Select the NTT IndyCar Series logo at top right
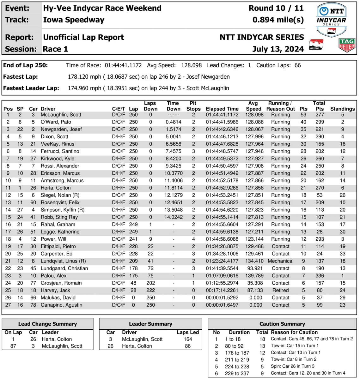pyautogui.click(x=331, y=20)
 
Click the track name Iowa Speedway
pyautogui.click(x=74, y=20)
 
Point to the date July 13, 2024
pyautogui.click(x=278, y=49)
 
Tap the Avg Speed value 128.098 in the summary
pyautogui.click(x=191, y=65)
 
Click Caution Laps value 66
pyautogui.click(x=297, y=65)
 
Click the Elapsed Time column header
pyautogui.click(x=222, y=109)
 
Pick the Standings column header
pyautogui.click(x=342, y=109)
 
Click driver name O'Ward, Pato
pyautogui.click(x=56, y=122)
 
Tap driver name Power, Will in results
pyautogui.click(x=54, y=239)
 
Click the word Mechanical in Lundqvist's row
pyautogui.click(x=280, y=261)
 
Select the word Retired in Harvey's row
pyautogui.click(x=280, y=290)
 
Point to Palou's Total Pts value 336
pyautogui.click(x=320, y=276)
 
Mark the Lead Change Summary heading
pyautogui.click(x=47, y=324)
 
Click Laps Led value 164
pyautogui.click(x=188, y=339)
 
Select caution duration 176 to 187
pyautogui.click(x=237, y=353)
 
